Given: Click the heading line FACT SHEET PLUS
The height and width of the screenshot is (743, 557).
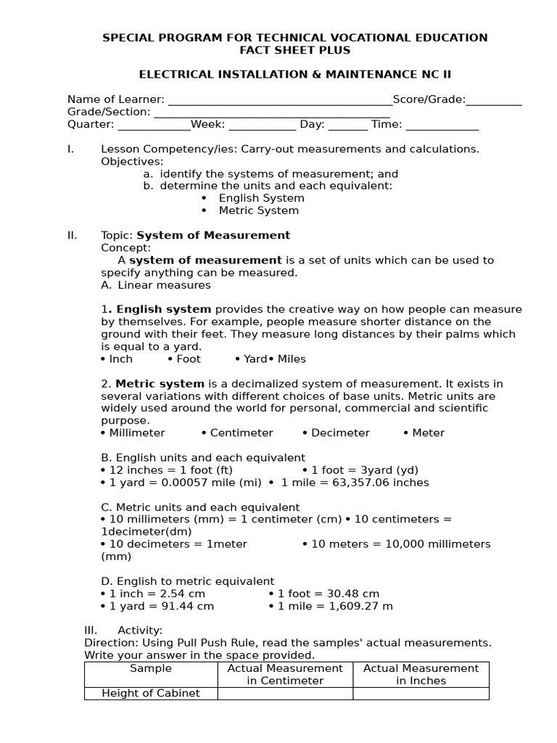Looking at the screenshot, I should (294, 50).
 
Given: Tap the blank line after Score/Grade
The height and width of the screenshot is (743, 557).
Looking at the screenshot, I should (494, 100).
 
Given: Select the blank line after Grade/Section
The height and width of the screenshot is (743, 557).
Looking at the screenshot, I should (272, 112).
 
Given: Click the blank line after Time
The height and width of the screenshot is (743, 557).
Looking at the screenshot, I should (442, 125).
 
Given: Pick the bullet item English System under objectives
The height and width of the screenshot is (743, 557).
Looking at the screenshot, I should (261, 198).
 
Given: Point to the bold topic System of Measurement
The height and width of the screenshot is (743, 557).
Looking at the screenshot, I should (213, 235).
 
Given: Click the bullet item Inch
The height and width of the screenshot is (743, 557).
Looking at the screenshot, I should (120, 358).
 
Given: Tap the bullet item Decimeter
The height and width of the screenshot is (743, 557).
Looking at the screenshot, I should (340, 432).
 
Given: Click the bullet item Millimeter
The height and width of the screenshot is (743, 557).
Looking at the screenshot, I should (136, 432).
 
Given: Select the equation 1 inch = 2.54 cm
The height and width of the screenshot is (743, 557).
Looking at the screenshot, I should (157, 594).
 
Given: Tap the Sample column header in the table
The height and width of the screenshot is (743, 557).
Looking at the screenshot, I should (151, 668).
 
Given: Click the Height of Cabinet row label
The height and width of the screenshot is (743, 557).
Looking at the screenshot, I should (151, 693).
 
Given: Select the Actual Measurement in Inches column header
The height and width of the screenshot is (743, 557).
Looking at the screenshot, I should (421, 674).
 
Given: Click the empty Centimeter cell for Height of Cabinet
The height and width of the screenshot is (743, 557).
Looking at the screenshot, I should (285, 693).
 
